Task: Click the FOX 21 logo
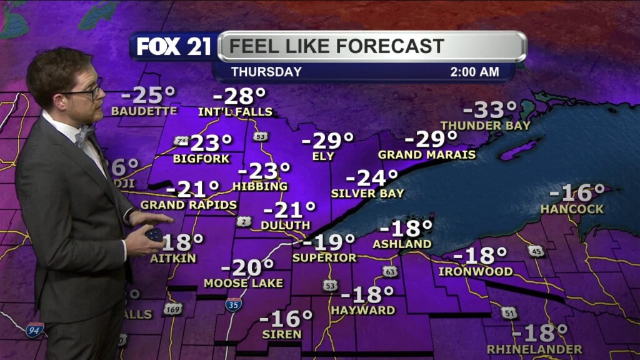tap(173, 47)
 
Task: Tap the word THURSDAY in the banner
tap(266, 72)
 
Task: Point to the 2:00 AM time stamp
tap(475, 72)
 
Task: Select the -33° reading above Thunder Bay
tap(494, 110)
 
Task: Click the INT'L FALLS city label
tap(235, 112)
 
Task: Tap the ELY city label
tap(324, 156)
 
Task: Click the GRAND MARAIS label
tap(427, 154)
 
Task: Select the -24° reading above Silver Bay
tap(372, 178)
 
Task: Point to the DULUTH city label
tap(286, 225)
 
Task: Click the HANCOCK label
tap(572, 209)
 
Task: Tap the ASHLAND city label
tap(402, 244)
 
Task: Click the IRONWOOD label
tap(476, 272)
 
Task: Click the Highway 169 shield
tap(173, 308)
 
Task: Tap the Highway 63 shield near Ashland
tap(390, 271)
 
